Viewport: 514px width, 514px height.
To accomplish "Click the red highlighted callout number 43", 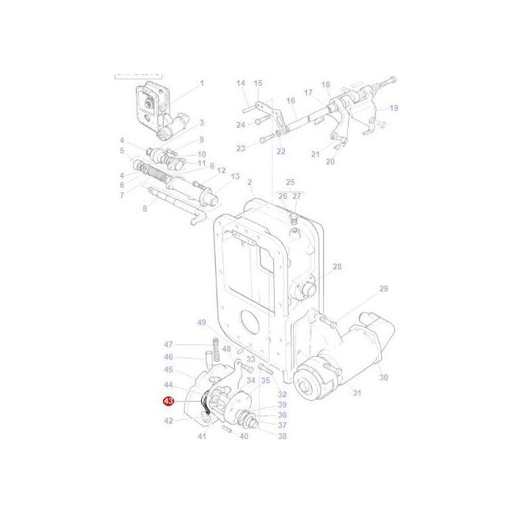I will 168,402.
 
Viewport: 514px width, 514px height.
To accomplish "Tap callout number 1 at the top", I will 201,84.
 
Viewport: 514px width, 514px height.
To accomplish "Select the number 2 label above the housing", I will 250,181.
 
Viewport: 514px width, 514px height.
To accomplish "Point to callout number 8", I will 145,209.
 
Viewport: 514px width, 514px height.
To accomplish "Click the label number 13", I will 235,176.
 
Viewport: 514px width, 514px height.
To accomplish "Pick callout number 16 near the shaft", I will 291,101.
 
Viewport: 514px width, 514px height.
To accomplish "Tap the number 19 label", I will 394,108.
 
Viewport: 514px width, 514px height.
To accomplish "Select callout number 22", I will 280,151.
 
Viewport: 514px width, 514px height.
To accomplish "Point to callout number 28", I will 337,267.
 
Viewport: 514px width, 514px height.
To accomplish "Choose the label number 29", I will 383,289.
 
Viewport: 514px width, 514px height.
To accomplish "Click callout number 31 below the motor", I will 357,394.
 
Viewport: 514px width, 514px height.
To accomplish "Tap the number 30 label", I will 383,377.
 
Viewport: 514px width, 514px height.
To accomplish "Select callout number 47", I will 168,344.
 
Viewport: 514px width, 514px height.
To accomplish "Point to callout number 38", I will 282,436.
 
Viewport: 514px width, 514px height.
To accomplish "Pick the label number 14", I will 240,84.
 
